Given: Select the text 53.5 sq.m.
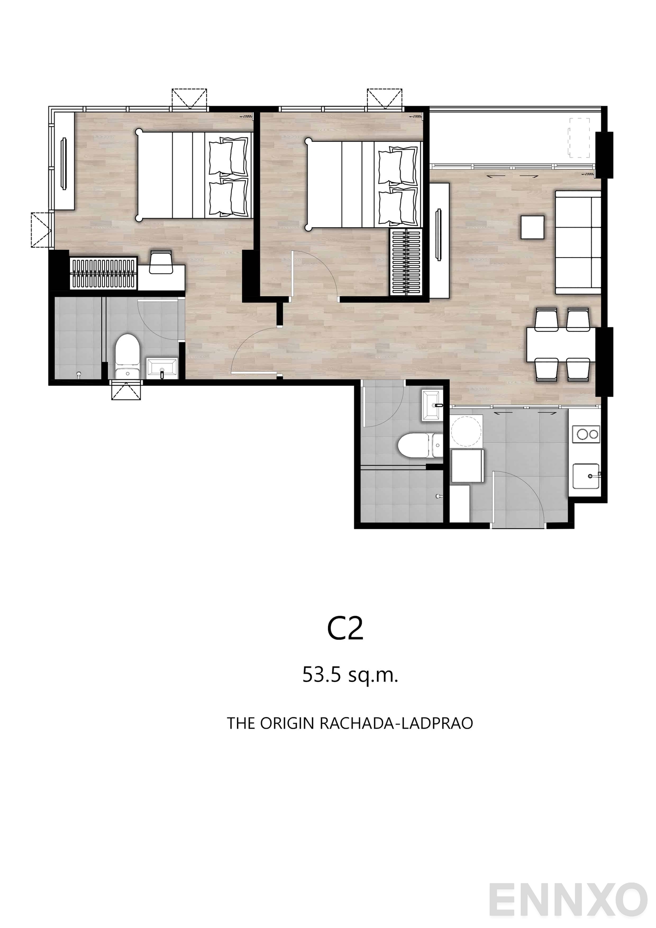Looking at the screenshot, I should point(350,675).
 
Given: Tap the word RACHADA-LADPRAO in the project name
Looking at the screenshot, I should point(396,723).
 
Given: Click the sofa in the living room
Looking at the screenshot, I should point(578,242).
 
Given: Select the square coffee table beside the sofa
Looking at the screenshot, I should point(532,227).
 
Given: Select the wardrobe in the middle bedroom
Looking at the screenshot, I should point(405,262).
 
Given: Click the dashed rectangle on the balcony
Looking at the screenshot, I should point(579,137).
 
